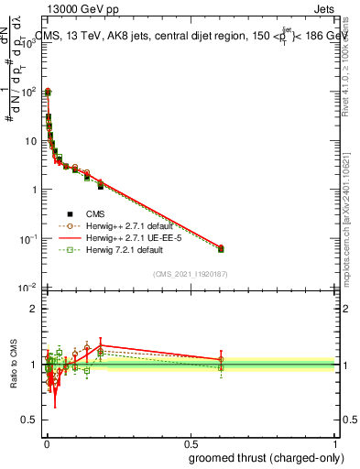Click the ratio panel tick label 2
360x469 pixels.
tap(36, 309)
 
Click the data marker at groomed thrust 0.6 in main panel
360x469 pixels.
tap(221, 248)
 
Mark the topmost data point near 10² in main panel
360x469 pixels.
tap(48, 92)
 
